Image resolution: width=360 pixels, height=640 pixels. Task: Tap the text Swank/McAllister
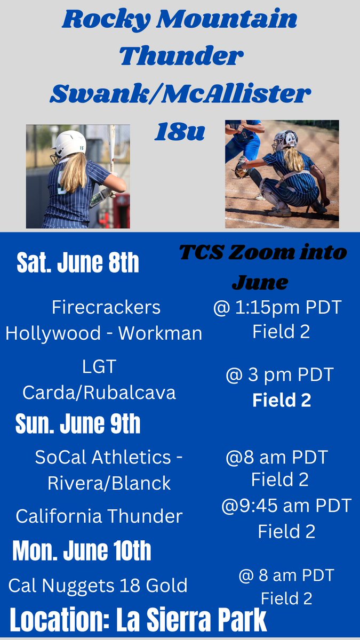(x=180, y=94)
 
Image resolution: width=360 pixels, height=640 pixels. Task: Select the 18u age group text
(x=179, y=132)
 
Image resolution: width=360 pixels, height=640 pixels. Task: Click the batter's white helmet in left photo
(x=70, y=143)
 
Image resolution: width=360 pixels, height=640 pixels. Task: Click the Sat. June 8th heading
(x=78, y=263)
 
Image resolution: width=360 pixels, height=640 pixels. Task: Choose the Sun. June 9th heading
(x=78, y=424)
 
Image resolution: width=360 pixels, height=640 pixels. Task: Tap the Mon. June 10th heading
(x=82, y=550)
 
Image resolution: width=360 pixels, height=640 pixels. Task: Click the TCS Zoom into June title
(x=262, y=266)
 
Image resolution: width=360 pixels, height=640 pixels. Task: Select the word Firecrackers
(x=106, y=307)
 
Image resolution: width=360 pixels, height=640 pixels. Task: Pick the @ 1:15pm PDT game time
(x=277, y=308)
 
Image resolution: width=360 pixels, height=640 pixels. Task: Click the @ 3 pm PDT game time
(x=279, y=375)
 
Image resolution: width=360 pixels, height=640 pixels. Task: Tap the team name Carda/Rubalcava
(x=99, y=393)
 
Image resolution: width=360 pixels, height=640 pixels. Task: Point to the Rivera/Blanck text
(x=109, y=483)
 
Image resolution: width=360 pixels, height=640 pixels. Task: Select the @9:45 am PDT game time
(x=286, y=506)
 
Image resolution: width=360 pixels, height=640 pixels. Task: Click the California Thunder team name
(x=99, y=516)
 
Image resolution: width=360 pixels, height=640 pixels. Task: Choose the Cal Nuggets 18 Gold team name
(x=98, y=586)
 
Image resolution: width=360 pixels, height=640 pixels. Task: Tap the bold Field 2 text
(x=282, y=400)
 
